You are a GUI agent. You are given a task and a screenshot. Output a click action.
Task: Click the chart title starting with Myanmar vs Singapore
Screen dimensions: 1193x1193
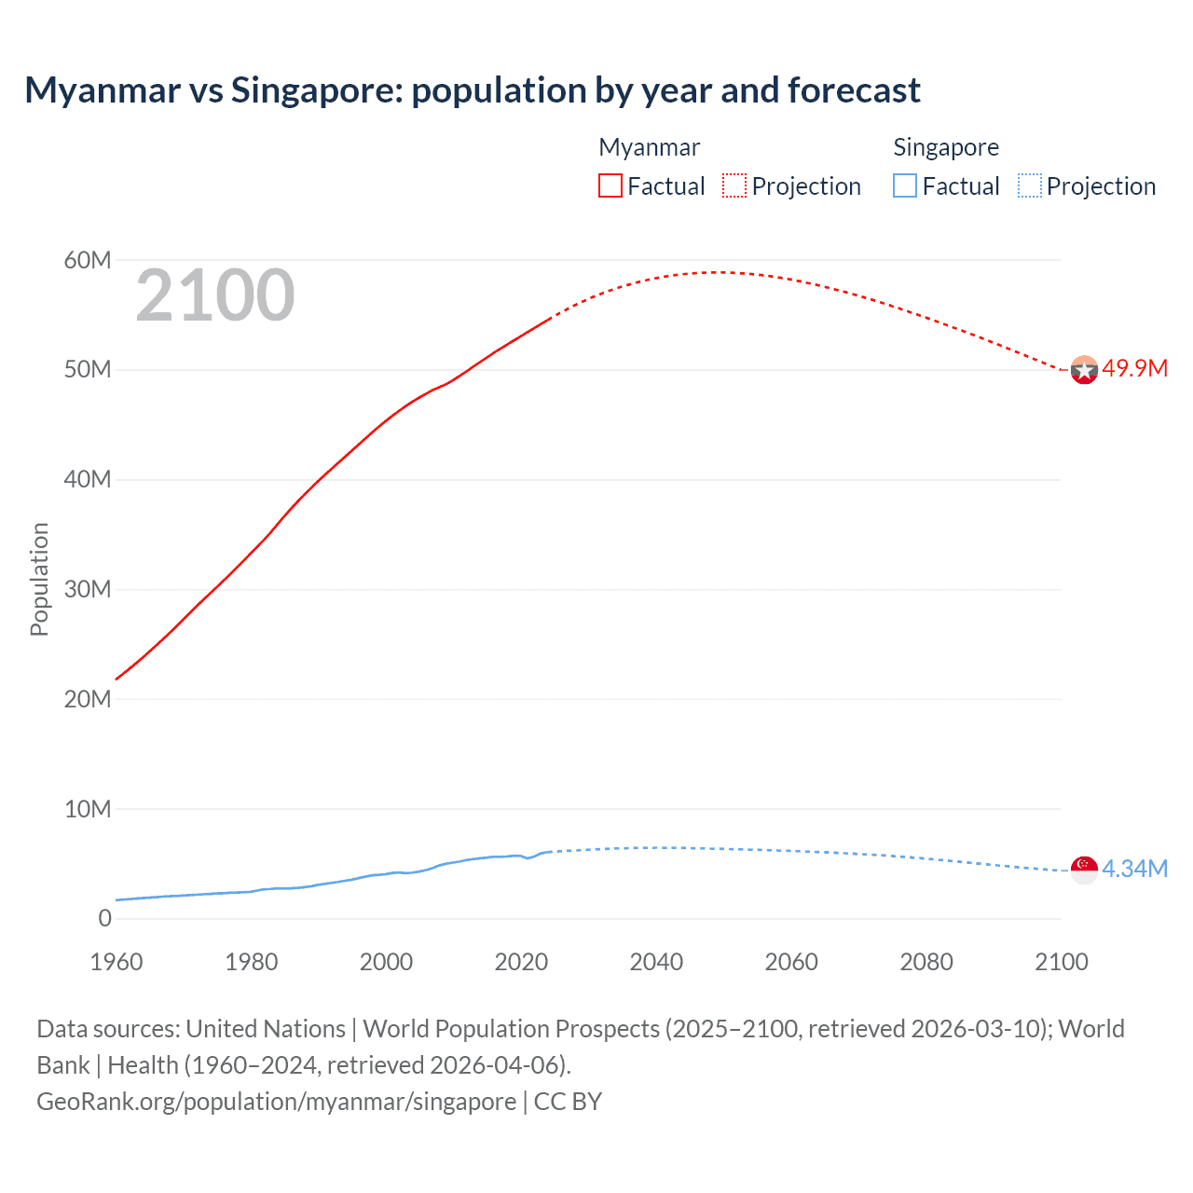point(473,90)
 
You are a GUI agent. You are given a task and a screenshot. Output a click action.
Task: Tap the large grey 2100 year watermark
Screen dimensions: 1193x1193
point(215,295)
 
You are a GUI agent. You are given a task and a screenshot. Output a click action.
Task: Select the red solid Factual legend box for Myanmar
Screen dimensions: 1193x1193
point(610,185)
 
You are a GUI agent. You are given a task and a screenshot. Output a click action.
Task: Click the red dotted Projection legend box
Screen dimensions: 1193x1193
point(734,185)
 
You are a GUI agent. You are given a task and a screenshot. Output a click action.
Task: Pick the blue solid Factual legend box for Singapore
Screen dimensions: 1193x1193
point(905,185)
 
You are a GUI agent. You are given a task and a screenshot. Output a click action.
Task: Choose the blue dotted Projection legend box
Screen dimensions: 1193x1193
point(1029,185)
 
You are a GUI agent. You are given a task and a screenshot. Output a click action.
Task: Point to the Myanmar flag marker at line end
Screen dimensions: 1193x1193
point(1084,370)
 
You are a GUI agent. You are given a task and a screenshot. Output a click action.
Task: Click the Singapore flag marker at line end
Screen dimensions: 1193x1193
point(1084,870)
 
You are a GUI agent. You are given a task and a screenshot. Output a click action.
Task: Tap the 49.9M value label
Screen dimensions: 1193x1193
point(1134,368)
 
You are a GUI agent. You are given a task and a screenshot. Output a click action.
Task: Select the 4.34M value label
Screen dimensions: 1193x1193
point(1134,869)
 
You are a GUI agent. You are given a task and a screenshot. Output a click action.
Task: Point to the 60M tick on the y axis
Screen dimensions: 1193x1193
point(88,260)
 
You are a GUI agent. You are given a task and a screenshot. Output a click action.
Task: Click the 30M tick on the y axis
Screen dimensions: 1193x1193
point(88,589)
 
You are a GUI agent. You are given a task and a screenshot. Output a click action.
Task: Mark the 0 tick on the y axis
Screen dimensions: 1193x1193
point(104,918)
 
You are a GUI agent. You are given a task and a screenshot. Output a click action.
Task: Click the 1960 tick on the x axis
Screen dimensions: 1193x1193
point(117,962)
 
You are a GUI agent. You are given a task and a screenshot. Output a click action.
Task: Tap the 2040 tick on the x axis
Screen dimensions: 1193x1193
point(656,962)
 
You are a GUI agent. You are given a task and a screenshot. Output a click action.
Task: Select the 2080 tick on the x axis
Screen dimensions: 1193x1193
point(926,962)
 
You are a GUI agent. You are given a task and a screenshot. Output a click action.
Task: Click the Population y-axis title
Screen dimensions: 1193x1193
point(39,579)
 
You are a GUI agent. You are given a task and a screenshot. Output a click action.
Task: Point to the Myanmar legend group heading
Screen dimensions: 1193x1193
point(649,147)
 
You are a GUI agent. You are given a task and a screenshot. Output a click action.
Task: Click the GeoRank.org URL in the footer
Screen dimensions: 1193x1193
point(276,1101)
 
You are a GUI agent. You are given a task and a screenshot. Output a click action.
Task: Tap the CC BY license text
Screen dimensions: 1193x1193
point(568,1101)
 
